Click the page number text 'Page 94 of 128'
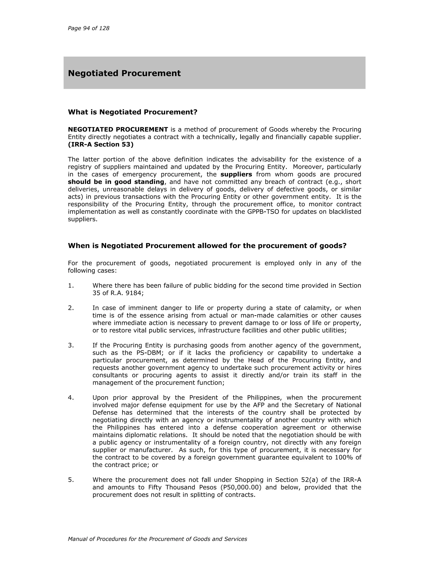point(88,28)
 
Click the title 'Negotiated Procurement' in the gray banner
point(124,73)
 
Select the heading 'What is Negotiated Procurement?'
point(132,112)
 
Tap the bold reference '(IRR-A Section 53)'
point(101,145)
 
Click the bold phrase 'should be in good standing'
point(116,182)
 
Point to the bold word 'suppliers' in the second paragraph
point(236,174)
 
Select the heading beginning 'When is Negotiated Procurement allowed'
point(207,246)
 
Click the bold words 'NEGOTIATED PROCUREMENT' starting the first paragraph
point(118,130)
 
